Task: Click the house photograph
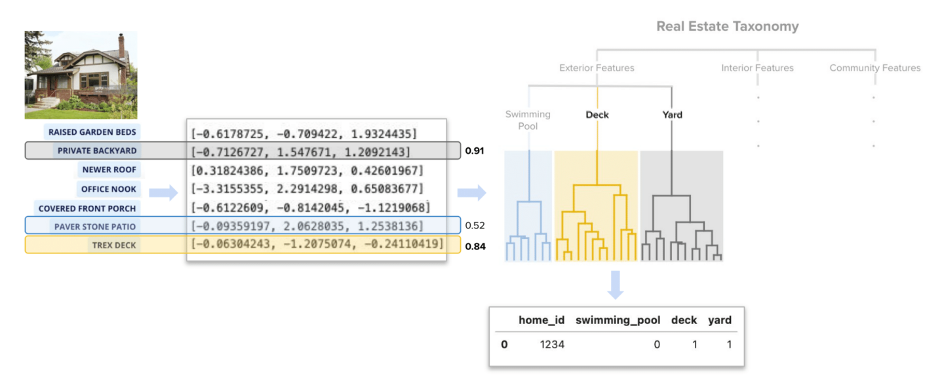[x=81, y=75]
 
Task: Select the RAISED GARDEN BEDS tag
[x=92, y=132]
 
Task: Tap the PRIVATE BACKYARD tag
[x=97, y=151]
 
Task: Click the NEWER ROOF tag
[x=109, y=170]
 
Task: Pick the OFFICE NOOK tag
[x=109, y=189]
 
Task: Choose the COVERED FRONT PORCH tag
[x=87, y=208]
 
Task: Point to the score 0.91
[x=474, y=151]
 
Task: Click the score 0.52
[x=474, y=226]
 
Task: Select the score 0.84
[x=474, y=246]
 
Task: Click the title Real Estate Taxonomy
[x=727, y=27]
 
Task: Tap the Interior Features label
[x=757, y=68]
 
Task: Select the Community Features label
[x=875, y=68]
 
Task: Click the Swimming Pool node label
[x=528, y=119]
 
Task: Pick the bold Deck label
[x=597, y=115]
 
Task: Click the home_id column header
[x=541, y=320]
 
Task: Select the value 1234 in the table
[x=551, y=344]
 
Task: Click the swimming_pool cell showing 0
[x=656, y=344]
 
